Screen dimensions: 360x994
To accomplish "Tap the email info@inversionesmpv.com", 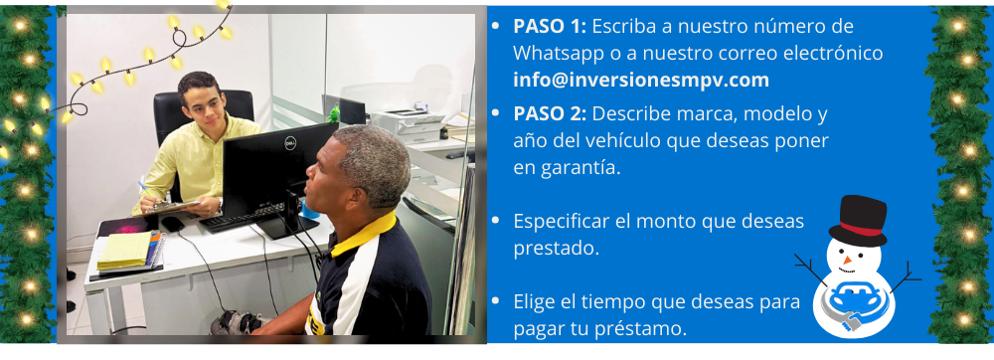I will coord(641,80).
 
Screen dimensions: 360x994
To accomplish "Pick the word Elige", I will coord(537,300).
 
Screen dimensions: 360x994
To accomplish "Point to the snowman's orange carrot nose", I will coord(847,261).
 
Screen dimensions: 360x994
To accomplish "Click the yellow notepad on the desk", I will coord(124,250).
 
